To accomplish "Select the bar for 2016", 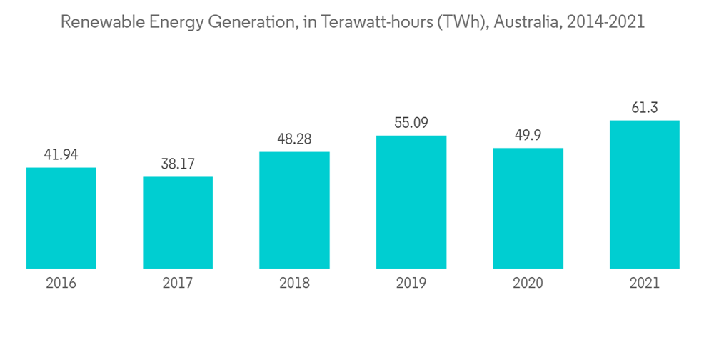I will pos(61,218).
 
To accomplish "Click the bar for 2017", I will pos(178,222).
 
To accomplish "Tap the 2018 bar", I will pos(294,210).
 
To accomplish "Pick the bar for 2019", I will pos(411,202).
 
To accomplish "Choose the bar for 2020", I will pos(528,208).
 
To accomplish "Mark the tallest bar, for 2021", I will pos(644,194).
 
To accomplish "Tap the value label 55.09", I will pos(411,122).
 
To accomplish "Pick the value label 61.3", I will pos(644,107).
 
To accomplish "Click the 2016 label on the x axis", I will pos(61,284).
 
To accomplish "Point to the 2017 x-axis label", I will pos(178,284).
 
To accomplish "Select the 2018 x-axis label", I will pos(294,284).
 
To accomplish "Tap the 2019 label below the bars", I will pos(411,284).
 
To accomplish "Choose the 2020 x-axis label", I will pos(528,284).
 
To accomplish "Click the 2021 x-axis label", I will pos(644,284).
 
